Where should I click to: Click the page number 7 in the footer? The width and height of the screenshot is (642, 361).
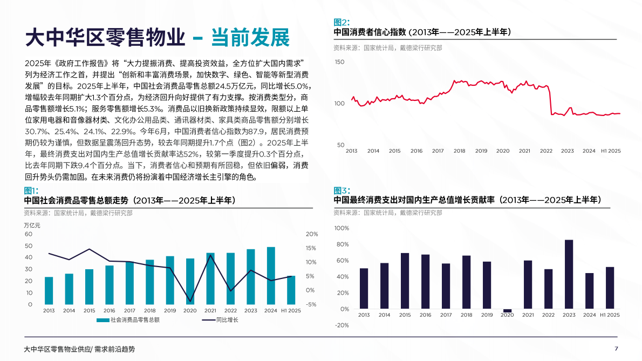pos(616,349)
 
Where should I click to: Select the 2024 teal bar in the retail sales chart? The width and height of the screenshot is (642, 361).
pos(271,276)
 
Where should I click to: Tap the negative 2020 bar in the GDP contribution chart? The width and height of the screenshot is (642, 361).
pos(507,311)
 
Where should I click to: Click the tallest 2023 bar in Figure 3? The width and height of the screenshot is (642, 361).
pos(569,274)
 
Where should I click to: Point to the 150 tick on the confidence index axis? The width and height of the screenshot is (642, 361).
pos(339,62)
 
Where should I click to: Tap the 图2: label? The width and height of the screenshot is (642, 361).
pos(342,22)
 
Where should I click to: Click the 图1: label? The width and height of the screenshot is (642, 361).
pos(31,190)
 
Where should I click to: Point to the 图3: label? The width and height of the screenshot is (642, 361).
pos(342,190)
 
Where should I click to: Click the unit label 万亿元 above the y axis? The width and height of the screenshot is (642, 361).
pos(33,224)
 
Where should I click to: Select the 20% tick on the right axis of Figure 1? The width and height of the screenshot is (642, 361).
pos(312,234)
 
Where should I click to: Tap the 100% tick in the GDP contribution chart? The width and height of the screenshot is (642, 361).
pos(342,228)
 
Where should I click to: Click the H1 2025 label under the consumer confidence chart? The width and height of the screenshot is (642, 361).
pos(611,151)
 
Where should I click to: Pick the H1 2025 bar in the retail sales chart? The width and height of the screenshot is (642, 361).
pos(291,290)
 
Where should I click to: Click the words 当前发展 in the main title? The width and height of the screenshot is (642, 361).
pos(250,37)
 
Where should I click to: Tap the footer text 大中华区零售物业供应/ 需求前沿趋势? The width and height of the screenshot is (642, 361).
pos(80,349)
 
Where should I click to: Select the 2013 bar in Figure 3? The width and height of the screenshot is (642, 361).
pos(364,289)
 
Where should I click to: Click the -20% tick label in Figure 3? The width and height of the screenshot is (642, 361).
pos(342,325)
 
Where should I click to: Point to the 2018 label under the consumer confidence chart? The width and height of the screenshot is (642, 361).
pos(459,151)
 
